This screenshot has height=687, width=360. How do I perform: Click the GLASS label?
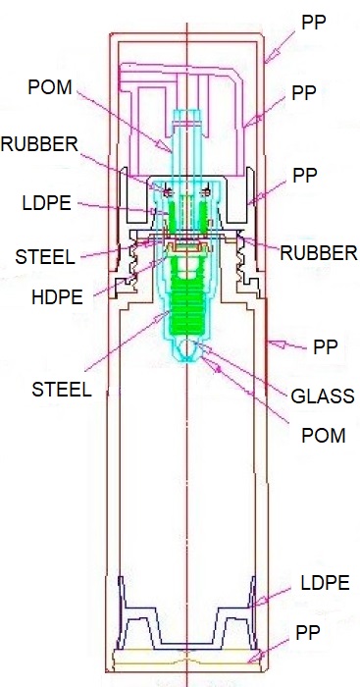pyautogui.click(x=323, y=396)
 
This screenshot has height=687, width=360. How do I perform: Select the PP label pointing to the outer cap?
pyautogui.click(x=314, y=23)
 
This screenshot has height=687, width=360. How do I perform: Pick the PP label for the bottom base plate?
pyautogui.click(x=308, y=633)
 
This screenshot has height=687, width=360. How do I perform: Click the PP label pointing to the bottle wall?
pyautogui.click(x=326, y=347)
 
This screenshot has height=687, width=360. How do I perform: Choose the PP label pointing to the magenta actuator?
pyautogui.click(x=304, y=93)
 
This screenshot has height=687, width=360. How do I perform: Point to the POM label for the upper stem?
pyautogui.click(x=49, y=87)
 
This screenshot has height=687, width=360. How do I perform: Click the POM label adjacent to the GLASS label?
pyautogui.click(x=324, y=436)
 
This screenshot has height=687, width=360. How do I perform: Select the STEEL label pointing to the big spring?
pyautogui.click(x=62, y=389)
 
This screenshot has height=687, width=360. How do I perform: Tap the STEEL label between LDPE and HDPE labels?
pyautogui.click(x=45, y=257)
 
